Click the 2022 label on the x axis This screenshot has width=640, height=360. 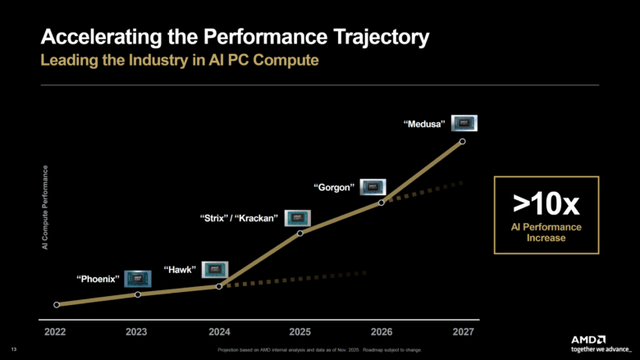tap(56, 332)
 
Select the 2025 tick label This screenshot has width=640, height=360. tap(299, 332)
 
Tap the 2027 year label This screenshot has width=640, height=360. tap(462, 332)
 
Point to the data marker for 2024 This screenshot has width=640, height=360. tap(219, 286)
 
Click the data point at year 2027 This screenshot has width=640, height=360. tap(463, 141)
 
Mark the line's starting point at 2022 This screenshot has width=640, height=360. tap(57, 304)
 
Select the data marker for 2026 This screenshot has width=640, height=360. tap(382, 202)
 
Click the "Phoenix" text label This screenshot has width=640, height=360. tap(98, 279)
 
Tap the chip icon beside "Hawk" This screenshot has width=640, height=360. tap(215, 269)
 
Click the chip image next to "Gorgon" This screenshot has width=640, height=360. tap(373, 187)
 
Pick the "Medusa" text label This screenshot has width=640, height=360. tap(425, 125)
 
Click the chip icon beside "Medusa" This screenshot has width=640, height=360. tap(464, 124)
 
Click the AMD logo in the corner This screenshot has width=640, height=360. tap(589, 338)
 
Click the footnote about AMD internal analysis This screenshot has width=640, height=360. tap(320, 350)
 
